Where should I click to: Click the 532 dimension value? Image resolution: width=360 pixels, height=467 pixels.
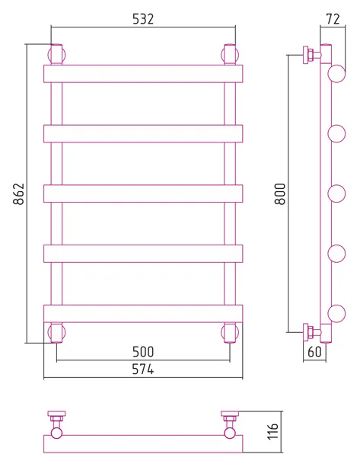coord(143,19)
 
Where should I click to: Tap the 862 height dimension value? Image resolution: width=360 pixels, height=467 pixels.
coord(18,194)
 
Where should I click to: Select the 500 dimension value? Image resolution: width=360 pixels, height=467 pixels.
coord(143,352)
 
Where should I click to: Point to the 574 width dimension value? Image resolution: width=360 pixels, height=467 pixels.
coord(143,369)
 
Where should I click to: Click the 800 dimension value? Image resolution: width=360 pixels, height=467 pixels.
coord(279,194)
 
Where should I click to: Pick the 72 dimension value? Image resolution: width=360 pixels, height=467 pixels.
coord(333,19)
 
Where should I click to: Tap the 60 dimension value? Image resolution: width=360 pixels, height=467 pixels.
coord(314,352)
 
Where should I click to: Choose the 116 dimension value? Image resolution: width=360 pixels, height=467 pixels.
coord(272,430)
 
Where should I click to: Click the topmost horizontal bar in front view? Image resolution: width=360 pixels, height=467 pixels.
coord(143,74)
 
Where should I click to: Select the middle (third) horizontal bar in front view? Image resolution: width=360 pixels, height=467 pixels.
coord(143,194)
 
